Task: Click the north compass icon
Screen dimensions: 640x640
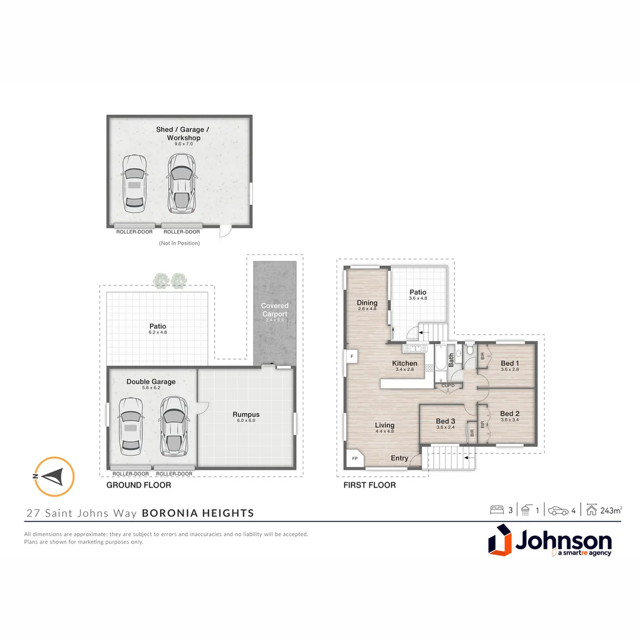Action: (54, 476)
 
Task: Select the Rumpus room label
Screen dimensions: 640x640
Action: (246, 414)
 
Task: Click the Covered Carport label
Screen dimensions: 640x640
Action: (274, 309)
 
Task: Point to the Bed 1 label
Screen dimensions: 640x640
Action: (510, 363)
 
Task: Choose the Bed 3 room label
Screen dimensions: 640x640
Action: (445, 421)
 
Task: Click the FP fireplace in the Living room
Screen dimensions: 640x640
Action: (355, 459)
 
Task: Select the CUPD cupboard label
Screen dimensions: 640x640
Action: (448, 386)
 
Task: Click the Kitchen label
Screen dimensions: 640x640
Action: (405, 363)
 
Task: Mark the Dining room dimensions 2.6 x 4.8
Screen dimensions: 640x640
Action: (367, 309)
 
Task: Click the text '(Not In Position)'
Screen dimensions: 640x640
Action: (179, 243)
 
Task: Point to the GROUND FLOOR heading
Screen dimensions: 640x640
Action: (138, 485)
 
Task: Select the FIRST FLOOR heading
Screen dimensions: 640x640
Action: (369, 485)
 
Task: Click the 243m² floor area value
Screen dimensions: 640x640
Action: (611, 510)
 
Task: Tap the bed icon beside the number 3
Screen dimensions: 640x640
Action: (497, 510)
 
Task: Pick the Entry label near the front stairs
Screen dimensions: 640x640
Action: (399, 458)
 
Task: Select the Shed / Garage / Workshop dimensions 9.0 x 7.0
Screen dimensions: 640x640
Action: (178, 144)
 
